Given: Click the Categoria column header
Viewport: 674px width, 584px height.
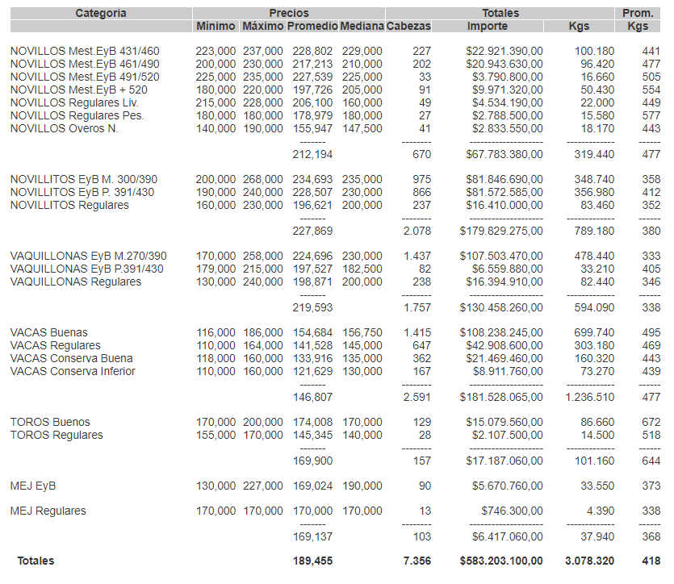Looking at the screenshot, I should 101,13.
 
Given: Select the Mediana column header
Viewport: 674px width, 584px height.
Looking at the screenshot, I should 362,27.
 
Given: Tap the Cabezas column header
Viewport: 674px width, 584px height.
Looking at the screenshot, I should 409,27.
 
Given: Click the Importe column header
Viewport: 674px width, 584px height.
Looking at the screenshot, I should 488,27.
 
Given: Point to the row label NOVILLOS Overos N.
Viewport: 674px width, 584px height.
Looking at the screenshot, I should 64,129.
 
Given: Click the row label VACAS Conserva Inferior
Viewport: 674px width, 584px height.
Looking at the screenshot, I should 73,372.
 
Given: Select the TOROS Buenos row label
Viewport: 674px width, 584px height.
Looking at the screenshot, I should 50,423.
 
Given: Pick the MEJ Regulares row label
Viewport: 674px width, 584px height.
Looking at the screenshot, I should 48,511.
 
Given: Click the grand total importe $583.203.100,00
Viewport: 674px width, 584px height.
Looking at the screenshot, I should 501,561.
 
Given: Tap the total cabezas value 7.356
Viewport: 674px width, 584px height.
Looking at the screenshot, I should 417,561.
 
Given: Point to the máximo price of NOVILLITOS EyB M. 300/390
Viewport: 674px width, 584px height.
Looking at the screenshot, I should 263,180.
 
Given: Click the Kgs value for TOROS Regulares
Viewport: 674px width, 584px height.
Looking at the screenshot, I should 597,436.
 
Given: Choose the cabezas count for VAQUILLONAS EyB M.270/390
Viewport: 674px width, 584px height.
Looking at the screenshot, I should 417,257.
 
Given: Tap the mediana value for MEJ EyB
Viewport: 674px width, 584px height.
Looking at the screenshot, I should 362,486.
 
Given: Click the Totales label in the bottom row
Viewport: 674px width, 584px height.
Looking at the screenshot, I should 36,561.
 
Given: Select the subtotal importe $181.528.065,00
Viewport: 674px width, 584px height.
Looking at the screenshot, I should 501,398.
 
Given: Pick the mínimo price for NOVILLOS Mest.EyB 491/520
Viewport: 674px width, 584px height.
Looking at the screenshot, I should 216,77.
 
